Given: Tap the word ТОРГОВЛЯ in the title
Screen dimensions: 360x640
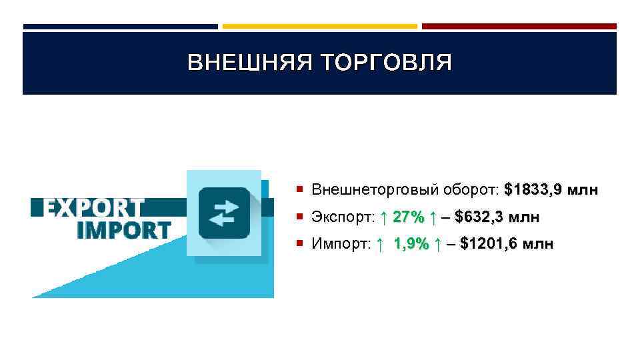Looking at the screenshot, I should (x=387, y=63).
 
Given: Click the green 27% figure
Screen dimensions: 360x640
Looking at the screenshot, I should (x=409, y=217).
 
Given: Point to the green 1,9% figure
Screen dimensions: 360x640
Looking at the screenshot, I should (x=411, y=244).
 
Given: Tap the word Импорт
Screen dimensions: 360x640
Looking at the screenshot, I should (x=341, y=244).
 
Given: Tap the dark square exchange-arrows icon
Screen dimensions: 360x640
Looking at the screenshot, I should (x=225, y=213).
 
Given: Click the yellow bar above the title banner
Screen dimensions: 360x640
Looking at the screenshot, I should (x=319, y=27).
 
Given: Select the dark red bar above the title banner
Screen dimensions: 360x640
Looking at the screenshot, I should (x=519, y=27).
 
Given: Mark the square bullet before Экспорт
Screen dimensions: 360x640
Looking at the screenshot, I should (x=302, y=217).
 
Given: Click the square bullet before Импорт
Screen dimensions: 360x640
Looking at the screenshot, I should (x=302, y=244).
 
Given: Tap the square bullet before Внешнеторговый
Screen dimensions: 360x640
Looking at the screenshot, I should (x=302, y=191).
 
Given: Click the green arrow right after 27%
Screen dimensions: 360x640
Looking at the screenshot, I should (x=433, y=217).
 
